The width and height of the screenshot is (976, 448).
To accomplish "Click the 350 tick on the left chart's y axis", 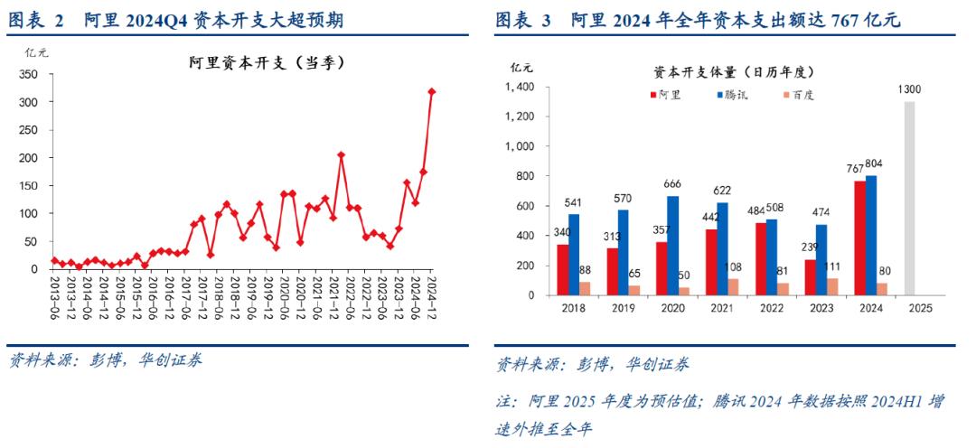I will (x=33, y=47).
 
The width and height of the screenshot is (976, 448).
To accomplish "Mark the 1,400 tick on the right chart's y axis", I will (x=521, y=87).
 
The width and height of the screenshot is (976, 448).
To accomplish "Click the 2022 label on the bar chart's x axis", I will (x=772, y=308).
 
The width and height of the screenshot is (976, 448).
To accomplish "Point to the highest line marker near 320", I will (x=431, y=91).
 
